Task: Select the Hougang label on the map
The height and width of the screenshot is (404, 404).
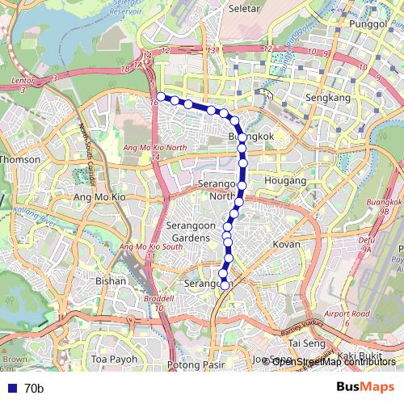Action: [x=285, y=180]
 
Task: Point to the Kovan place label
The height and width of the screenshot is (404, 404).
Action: [x=286, y=244]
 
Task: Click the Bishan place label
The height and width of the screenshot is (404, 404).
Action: [x=111, y=280]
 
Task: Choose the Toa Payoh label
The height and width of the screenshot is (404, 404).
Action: [x=111, y=358]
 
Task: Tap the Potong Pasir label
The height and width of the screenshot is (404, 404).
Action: [x=195, y=365]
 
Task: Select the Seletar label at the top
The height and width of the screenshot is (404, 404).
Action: [x=245, y=9]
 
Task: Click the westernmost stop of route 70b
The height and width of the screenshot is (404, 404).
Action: [x=161, y=97]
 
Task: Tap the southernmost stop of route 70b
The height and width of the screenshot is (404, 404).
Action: [x=225, y=284]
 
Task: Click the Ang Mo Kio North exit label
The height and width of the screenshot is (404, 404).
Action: [x=154, y=148]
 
